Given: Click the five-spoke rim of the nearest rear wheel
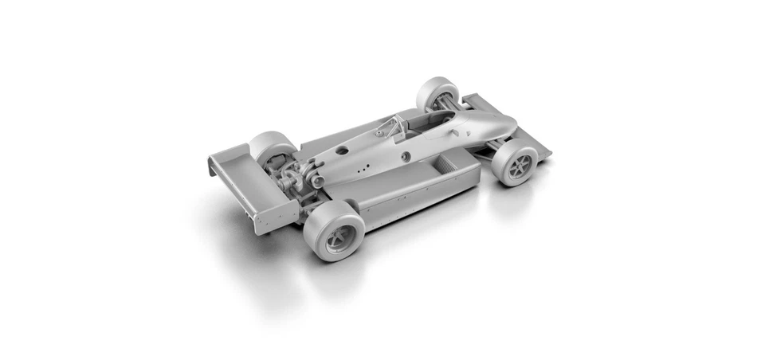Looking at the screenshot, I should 340,238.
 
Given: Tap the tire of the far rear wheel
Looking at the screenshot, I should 270,147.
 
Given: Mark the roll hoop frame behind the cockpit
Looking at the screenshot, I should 393,126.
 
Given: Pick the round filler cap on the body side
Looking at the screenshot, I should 406,155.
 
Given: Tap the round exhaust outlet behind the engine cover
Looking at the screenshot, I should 318,182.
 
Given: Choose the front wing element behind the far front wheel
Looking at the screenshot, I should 478,103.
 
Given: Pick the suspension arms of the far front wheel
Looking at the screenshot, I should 454,104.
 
